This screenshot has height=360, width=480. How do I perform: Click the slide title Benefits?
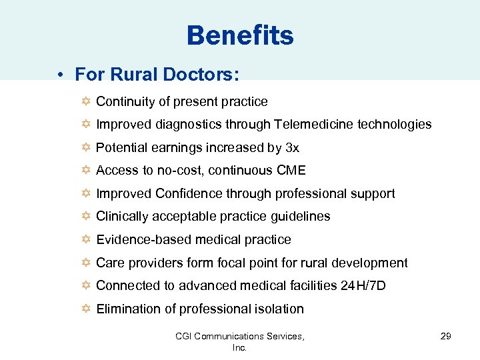pyautogui.click(x=240, y=35)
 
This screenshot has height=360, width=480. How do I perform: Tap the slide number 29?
pyautogui.click(x=446, y=336)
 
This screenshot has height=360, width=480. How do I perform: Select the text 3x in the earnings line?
pyautogui.click(x=292, y=148)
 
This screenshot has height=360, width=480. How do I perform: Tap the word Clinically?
pyautogui.click(x=125, y=217)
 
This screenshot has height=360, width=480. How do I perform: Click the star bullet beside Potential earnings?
pyautogui.click(x=83, y=148)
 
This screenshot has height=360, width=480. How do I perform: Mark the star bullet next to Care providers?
pyautogui.click(x=83, y=263)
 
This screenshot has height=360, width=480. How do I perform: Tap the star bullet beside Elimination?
pyautogui.click(x=83, y=309)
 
